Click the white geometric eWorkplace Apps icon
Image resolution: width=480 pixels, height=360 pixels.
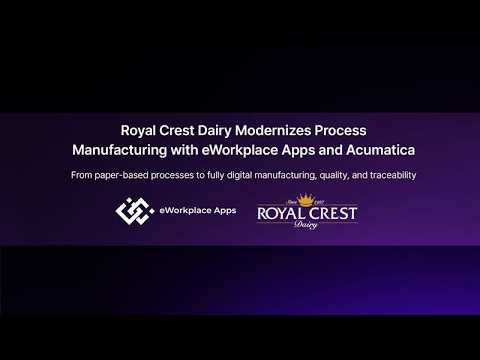[x=133, y=211]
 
